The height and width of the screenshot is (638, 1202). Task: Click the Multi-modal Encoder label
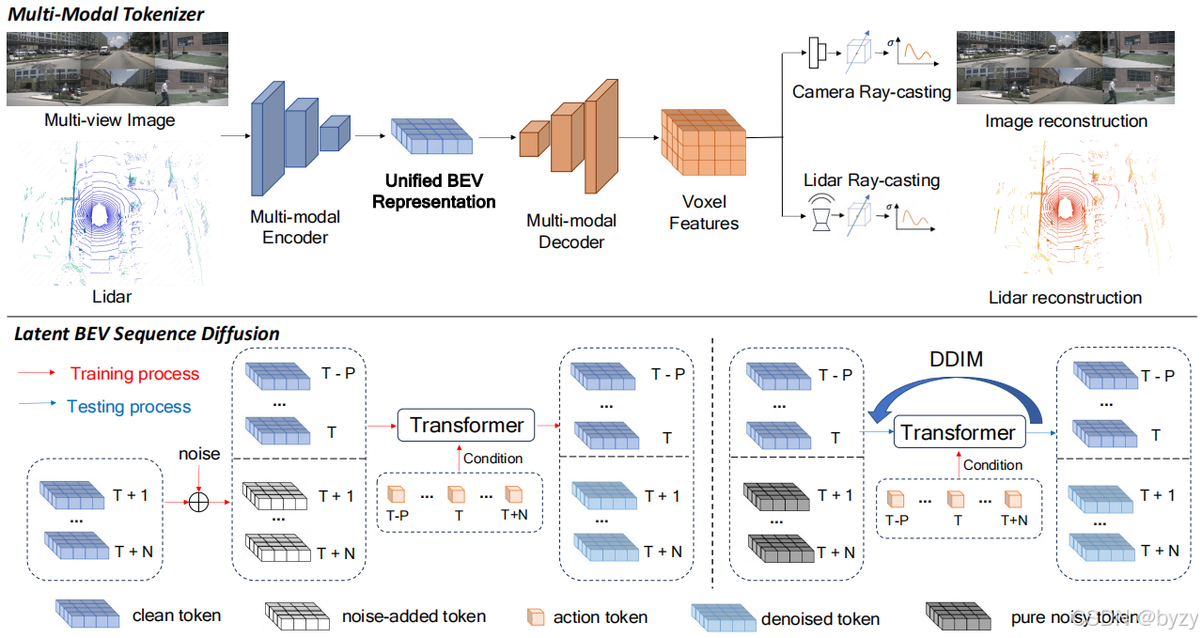tap(295, 226)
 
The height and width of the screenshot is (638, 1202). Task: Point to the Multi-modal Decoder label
tap(571, 231)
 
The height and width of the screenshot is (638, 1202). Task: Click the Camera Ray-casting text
tap(871, 92)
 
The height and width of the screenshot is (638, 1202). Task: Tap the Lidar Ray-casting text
tap(871, 179)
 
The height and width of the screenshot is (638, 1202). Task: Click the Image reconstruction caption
tap(1066, 121)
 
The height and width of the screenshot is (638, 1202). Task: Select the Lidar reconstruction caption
tap(1065, 298)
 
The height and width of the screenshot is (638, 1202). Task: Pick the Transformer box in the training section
tap(466, 426)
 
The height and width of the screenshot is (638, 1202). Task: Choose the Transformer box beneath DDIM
tap(958, 432)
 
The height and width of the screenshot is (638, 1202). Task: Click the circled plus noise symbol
tap(197, 502)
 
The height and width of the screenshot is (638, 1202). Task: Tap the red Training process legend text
tap(134, 374)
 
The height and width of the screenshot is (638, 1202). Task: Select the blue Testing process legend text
tap(129, 407)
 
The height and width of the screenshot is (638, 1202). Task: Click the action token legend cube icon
tap(535, 616)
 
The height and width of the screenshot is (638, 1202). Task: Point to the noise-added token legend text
tap(414, 616)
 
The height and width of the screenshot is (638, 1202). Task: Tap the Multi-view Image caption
tap(109, 120)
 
